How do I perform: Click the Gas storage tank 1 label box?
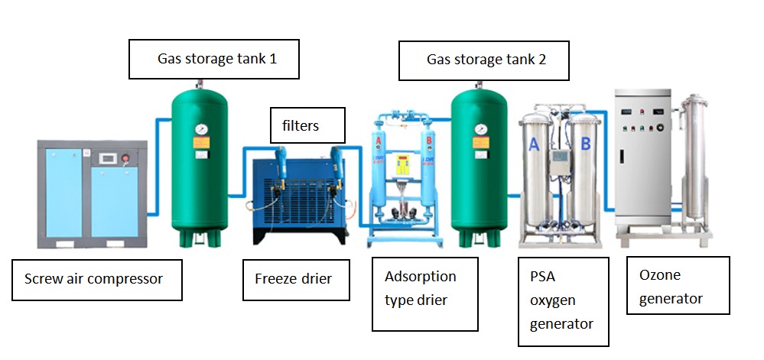tap(214, 59)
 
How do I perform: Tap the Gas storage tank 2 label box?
tap(484, 60)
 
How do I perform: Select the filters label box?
tap(307, 125)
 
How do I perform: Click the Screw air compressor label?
tap(97, 280)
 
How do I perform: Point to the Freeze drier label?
tap(296, 280)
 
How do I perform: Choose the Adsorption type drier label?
tap(425, 294)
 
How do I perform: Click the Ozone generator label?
tap(678, 285)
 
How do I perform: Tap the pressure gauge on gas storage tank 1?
tap(200, 130)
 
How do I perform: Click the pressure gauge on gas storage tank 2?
tap(480, 130)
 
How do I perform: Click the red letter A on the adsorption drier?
tap(379, 141)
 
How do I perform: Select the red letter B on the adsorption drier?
tap(429, 141)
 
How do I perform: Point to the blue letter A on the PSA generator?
tap(534, 144)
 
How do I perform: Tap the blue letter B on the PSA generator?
tap(586, 144)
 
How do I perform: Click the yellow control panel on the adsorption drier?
tap(402, 164)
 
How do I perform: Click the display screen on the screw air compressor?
tap(108, 158)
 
